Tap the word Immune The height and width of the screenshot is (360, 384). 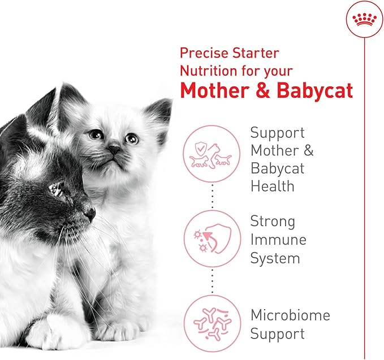[x=278, y=240]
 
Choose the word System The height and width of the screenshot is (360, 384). [x=275, y=258]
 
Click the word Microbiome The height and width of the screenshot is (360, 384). [x=290, y=315]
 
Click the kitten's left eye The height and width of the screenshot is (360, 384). [x=96, y=135]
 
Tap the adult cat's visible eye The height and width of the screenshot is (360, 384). [x=57, y=190]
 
